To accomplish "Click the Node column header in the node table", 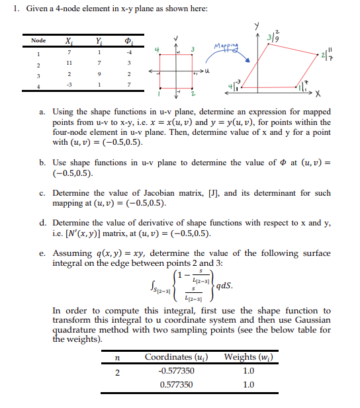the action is (x=38, y=40).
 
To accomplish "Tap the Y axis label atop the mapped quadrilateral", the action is (x=255, y=26).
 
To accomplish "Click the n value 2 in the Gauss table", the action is (x=116, y=371).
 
